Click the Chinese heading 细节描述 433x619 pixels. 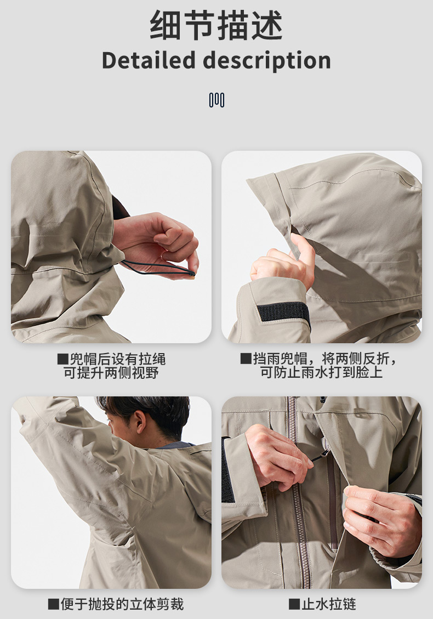point(216,25)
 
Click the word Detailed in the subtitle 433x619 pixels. point(149,60)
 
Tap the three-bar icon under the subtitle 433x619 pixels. point(216,100)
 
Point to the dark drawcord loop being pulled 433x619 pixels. point(158,268)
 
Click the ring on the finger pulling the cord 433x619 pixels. point(163,256)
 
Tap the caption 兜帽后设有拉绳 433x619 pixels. point(118,359)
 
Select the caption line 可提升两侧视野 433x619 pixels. point(111,372)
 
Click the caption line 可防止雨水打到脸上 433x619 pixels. point(321,372)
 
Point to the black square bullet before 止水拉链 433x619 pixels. point(294,604)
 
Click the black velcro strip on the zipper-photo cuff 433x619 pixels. point(226,470)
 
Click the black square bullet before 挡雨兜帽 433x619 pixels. point(246,359)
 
